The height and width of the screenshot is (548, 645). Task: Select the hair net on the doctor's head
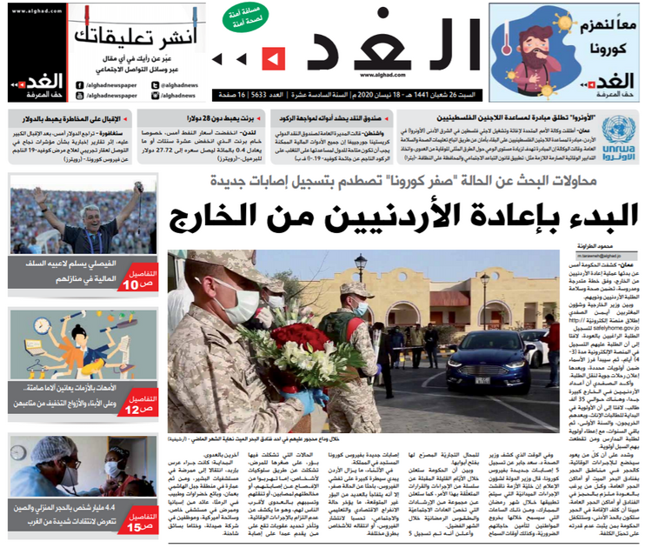[x=44, y=451]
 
